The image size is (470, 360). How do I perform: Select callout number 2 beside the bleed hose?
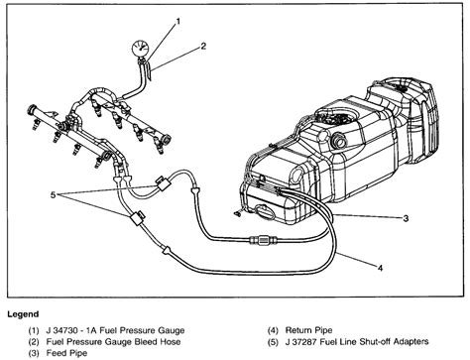pyautogui.click(x=202, y=45)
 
